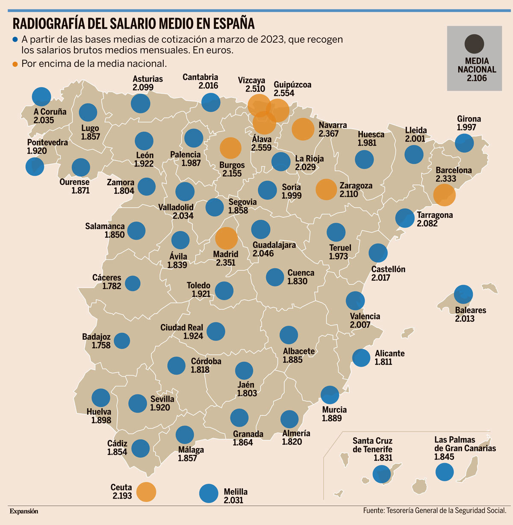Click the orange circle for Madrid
click(x=226, y=238)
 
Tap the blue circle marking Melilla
click(x=209, y=493)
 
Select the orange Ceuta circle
click(x=146, y=492)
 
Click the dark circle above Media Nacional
click(x=474, y=44)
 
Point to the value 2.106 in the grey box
click(x=477, y=78)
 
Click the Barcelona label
click(x=454, y=170)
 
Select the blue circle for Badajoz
click(x=122, y=341)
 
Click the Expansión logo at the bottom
click(x=24, y=511)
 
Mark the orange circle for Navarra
click(x=303, y=129)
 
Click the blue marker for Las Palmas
click(x=445, y=472)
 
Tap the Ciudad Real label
click(x=182, y=328)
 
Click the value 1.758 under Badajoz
click(x=101, y=345)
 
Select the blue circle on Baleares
click(x=463, y=294)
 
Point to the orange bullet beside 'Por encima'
click(x=15, y=64)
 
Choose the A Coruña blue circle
click(x=41, y=96)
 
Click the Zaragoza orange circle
click(x=326, y=190)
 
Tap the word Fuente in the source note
click(x=373, y=510)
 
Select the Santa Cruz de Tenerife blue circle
click(x=381, y=474)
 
